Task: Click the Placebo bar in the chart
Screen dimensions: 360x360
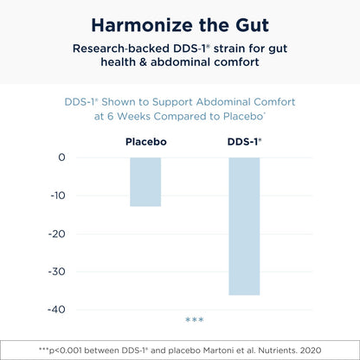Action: [x=145, y=182]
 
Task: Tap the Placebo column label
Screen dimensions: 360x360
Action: [x=145, y=140]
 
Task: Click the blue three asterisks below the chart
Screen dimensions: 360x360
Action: [x=194, y=321]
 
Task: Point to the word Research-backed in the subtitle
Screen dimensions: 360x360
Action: [x=102, y=48]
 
